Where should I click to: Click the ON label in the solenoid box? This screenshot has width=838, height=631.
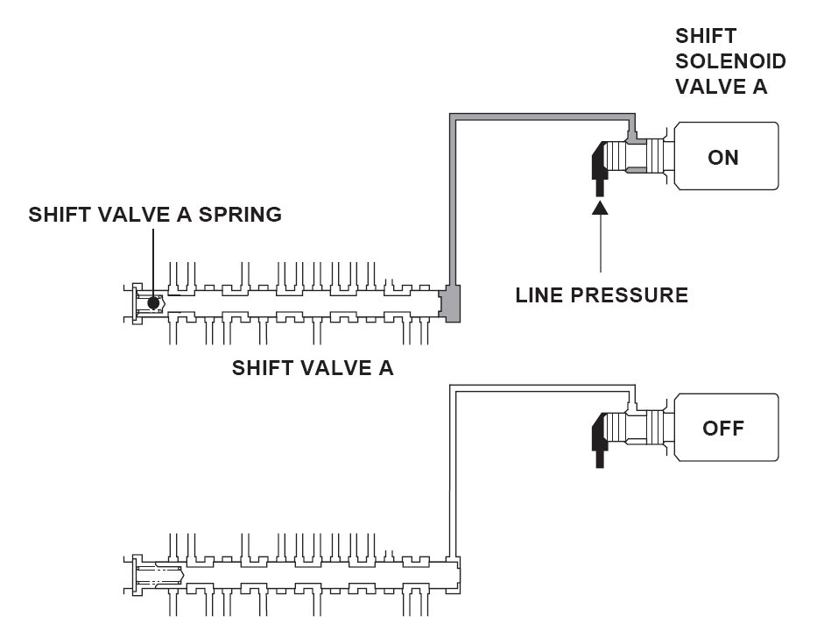pyautogui.click(x=723, y=157)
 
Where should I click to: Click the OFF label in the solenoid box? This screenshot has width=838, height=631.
pyautogui.click(x=723, y=429)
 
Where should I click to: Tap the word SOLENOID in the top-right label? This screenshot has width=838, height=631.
pyautogui.click(x=730, y=61)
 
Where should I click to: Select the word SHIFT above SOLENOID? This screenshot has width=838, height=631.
pyautogui.click(x=706, y=36)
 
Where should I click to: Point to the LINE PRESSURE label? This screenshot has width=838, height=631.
pyautogui.click(x=602, y=295)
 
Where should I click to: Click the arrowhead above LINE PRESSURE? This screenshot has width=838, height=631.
pyautogui.click(x=601, y=206)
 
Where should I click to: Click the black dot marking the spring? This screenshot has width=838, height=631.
pyautogui.click(x=153, y=302)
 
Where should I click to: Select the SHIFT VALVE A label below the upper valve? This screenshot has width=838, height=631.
pyautogui.click(x=313, y=368)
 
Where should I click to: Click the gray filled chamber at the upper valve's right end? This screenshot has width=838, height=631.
pyautogui.click(x=451, y=303)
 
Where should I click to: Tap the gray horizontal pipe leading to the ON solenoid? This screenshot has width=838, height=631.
pyautogui.click(x=542, y=117)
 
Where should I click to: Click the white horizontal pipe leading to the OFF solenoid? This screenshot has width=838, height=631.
pyautogui.click(x=542, y=388)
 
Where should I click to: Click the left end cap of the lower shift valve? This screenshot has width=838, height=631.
pyautogui.click(x=137, y=575)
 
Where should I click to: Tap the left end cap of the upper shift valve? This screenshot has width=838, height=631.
pyautogui.click(x=137, y=303)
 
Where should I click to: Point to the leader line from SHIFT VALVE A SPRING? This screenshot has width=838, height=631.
pyautogui.click(x=153, y=262)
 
